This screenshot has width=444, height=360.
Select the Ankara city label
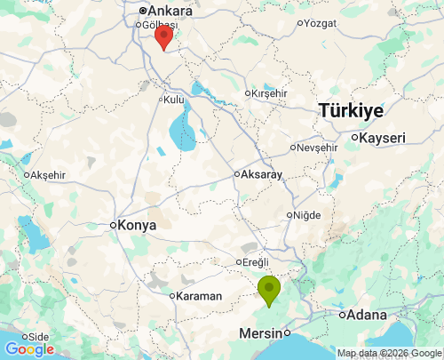pos(170,11)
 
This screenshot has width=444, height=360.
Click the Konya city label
pos(137,225)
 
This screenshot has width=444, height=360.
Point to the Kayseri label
pos(383,138)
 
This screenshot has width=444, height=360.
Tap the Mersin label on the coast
pos(261,334)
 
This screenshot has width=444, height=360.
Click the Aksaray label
pos(261,174)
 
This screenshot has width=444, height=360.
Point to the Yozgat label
pos(321,23)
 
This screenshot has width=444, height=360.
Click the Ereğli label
pos(255,261)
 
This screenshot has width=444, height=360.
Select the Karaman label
pos(199,295)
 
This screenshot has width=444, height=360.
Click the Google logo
pos(29,349)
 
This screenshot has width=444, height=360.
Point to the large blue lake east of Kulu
pos(183,130)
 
